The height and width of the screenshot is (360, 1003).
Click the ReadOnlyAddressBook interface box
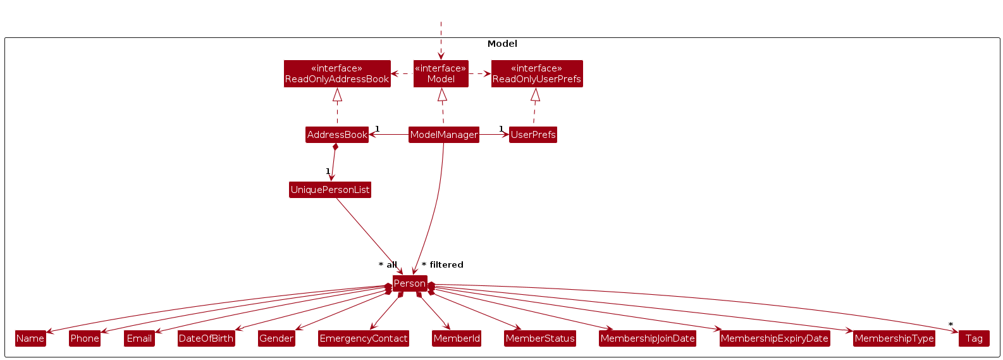(337, 73)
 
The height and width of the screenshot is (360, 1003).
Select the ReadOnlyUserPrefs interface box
(537, 73)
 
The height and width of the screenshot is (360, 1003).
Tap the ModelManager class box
(443, 135)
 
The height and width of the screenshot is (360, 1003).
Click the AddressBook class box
(337, 135)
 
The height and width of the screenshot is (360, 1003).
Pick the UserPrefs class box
(533, 135)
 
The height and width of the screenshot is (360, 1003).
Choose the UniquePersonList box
(330, 190)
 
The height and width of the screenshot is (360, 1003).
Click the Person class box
(410, 283)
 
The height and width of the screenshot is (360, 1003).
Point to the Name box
(30, 338)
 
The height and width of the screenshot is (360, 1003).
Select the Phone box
(85, 338)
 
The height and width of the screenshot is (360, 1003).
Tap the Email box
(139, 338)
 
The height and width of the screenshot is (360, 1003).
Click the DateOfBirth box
(206, 338)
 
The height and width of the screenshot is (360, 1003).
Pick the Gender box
(276, 338)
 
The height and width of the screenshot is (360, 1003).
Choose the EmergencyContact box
(364, 338)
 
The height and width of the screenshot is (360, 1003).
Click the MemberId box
(457, 338)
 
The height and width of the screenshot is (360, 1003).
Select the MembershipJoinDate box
(648, 338)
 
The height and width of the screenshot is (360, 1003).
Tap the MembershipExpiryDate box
(775, 338)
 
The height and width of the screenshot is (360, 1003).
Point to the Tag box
(974, 338)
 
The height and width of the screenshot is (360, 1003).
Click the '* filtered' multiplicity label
(443, 265)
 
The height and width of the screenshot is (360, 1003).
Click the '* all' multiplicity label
(388, 265)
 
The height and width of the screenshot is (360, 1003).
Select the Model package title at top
(502, 44)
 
